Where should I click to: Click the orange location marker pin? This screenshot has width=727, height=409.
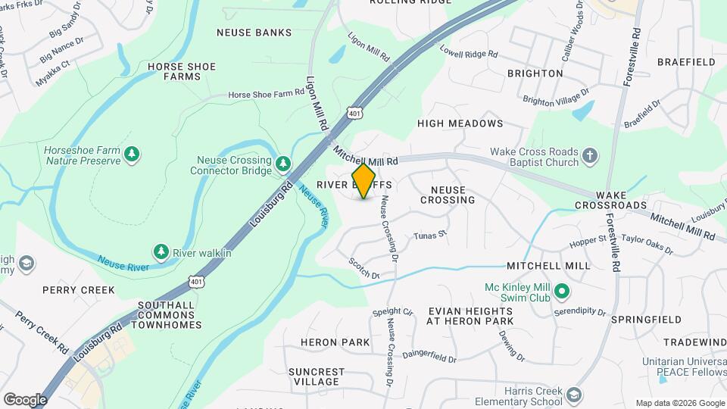[364, 181]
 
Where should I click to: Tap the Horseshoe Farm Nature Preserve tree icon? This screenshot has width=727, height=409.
[133, 155]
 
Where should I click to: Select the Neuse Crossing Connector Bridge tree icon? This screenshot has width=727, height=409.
[283, 164]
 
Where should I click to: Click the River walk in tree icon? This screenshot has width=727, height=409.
[161, 251]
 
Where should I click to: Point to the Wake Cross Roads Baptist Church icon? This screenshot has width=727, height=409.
[591, 157]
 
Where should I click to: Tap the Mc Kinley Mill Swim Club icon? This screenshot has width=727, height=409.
[562, 291]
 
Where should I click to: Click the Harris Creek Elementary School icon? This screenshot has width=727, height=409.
[575, 395]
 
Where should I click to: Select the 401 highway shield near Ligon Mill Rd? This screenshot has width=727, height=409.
[354, 113]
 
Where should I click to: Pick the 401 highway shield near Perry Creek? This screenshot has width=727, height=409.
[197, 282]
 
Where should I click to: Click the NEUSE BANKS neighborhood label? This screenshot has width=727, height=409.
[254, 33]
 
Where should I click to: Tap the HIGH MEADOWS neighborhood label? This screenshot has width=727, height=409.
[460, 123]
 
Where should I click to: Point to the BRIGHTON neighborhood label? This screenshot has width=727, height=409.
[535, 73]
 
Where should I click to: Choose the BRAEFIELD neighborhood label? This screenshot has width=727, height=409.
[686, 61]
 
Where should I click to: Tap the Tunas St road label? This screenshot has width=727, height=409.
[430, 236]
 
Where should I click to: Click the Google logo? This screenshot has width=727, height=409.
[25, 399]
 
